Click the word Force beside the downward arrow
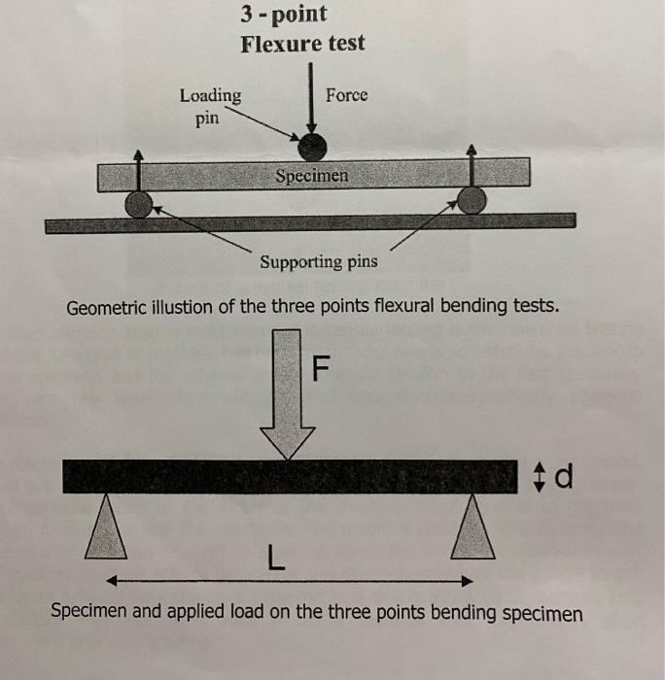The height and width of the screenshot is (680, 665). tap(346, 95)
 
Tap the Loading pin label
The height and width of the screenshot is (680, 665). tap(211, 106)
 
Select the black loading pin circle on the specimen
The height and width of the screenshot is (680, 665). tap(312, 147)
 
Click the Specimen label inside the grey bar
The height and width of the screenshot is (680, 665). tap(311, 176)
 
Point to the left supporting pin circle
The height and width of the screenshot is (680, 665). tap(140, 203)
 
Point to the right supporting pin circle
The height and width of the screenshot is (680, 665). tap(472, 201)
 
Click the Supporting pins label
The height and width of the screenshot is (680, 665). tap(319, 262)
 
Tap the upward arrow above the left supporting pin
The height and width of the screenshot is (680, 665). tap(139, 169)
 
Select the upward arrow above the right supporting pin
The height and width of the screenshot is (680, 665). tap(472, 167)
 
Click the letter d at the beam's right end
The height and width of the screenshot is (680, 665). tap(567, 476)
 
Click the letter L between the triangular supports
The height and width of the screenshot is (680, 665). tap(276, 558)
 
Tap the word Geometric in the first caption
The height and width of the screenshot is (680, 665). tap(105, 308)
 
